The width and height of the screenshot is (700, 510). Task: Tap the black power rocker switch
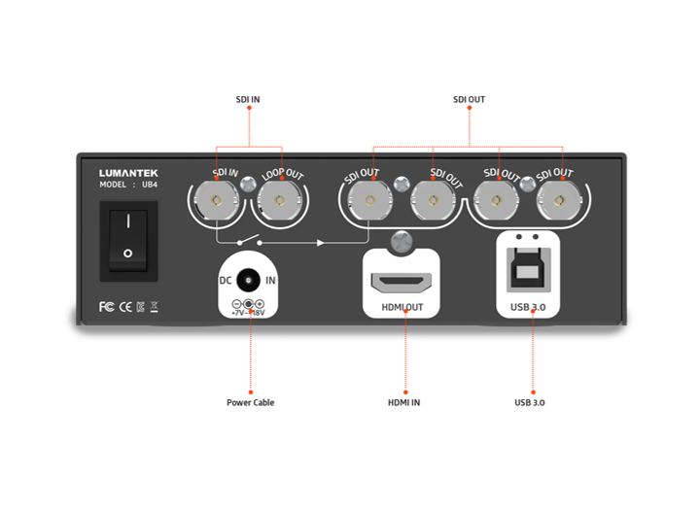(125, 239)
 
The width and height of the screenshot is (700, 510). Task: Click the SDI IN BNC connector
(215, 204)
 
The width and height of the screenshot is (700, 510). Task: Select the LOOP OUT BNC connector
(280, 204)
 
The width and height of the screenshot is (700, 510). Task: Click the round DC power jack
(250, 280)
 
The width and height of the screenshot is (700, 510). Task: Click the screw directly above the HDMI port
(400, 237)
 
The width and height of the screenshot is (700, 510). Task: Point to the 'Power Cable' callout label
(250, 401)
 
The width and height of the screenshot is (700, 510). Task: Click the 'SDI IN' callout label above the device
(249, 99)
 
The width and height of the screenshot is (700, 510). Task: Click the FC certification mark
(107, 307)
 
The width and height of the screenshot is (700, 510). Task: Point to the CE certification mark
(124, 307)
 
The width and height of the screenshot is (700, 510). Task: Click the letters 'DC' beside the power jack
(226, 280)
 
